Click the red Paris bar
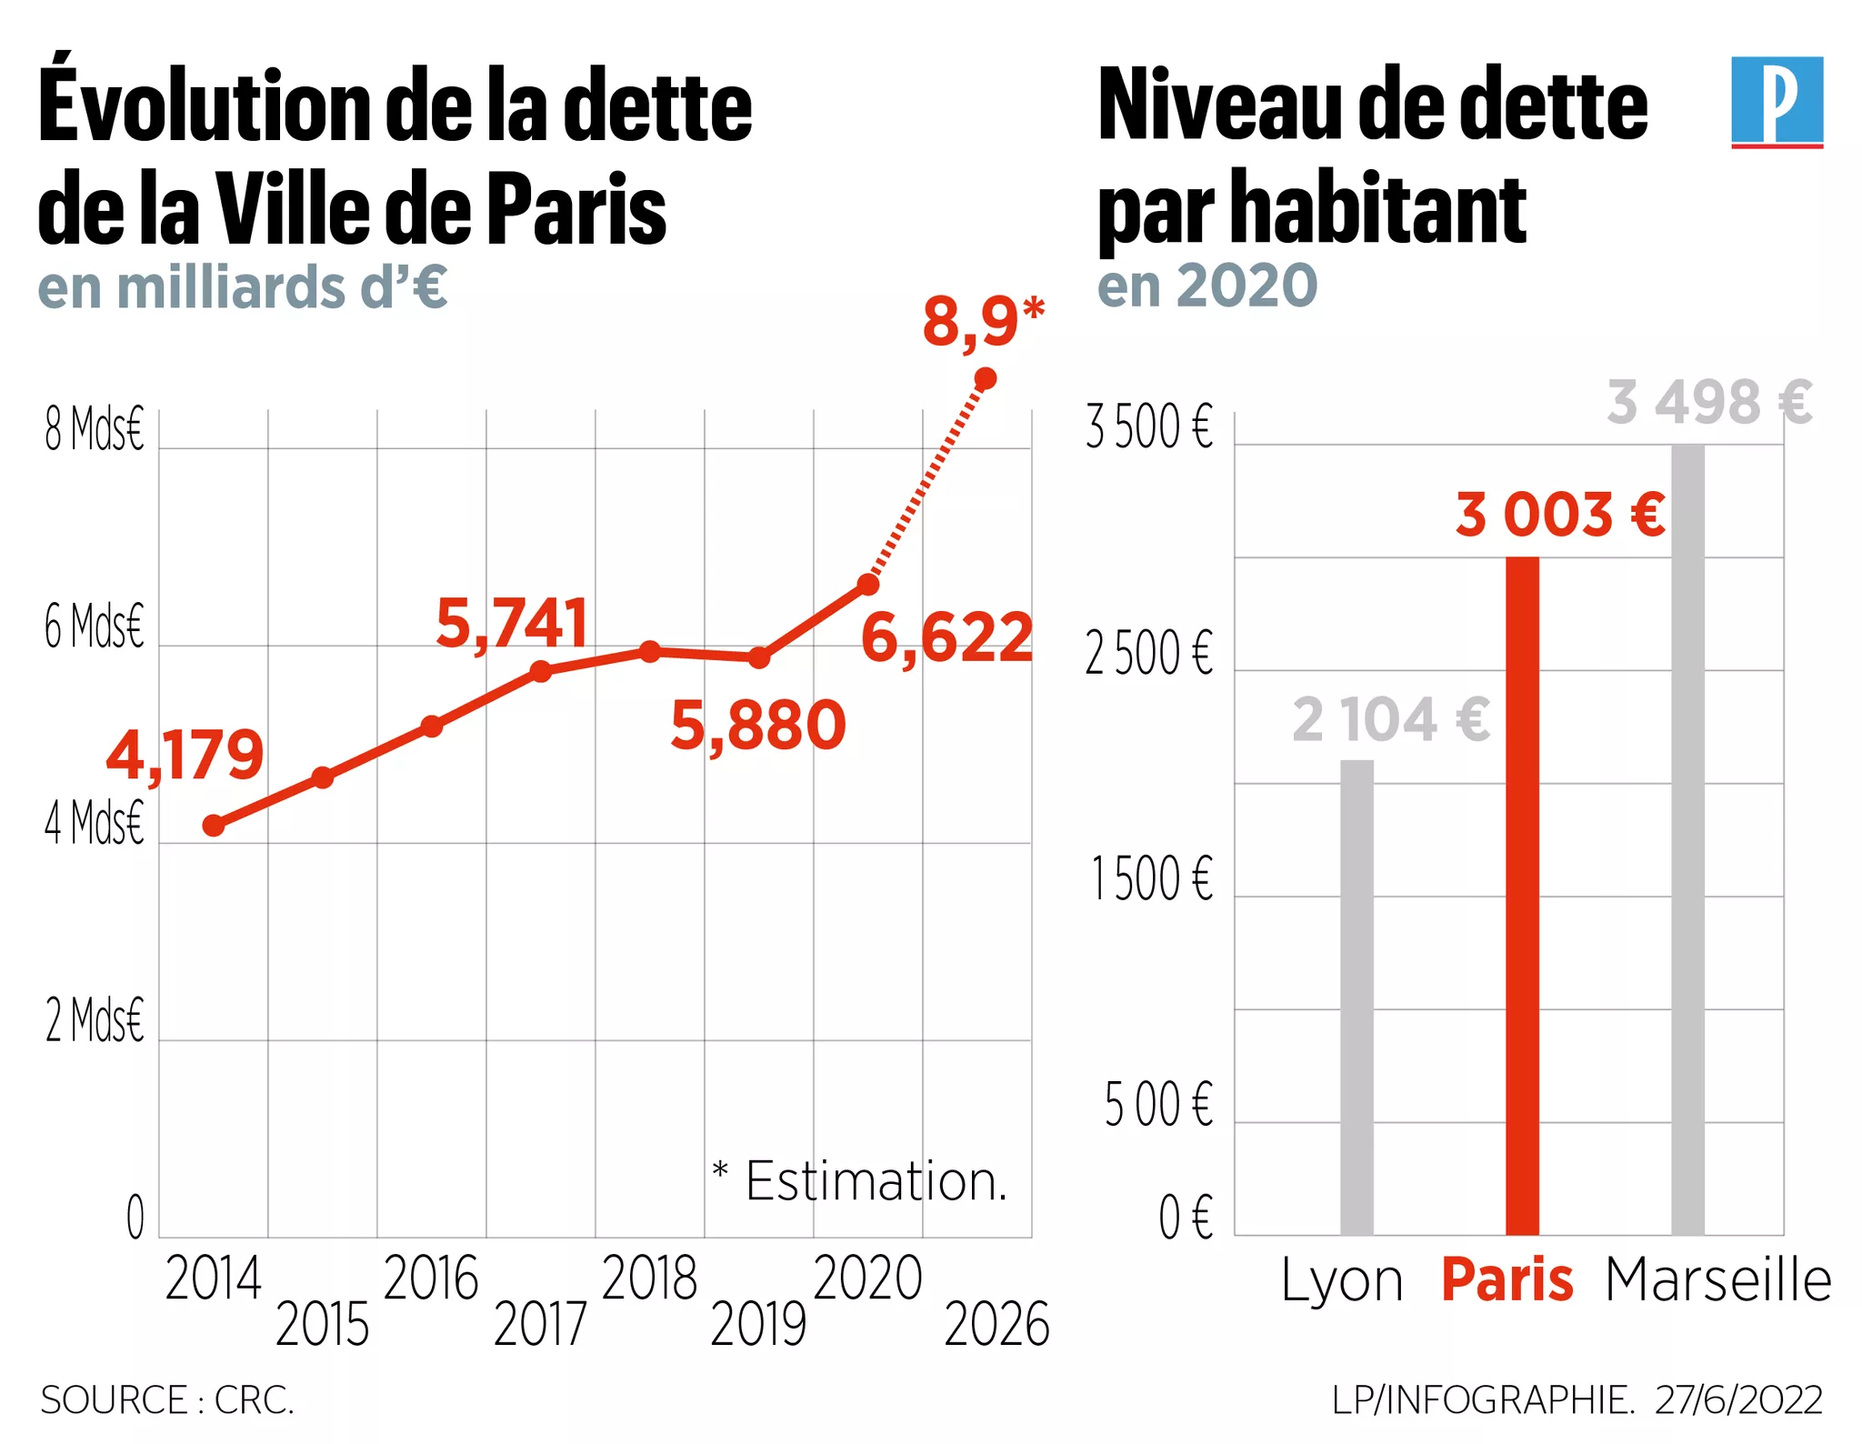[x=1522, y=896]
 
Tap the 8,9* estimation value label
[x=983, y=323]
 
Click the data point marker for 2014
[x=214, y=826]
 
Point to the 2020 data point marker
[x=868, y=584]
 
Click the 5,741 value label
[x=512, y=624]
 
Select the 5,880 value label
[x=757, y=726]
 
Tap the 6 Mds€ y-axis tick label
[x=95, y=627]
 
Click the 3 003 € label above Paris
[x=1560, y=515]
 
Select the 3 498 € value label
[x=1709, y=403]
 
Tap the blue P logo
[x=1777, y=101]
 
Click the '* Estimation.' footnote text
[x=860, y=1181]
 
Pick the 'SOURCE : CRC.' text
[x=167, y=1400]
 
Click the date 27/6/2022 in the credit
[x=1738, y=1400]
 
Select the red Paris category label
[x=1507, y=1280]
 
